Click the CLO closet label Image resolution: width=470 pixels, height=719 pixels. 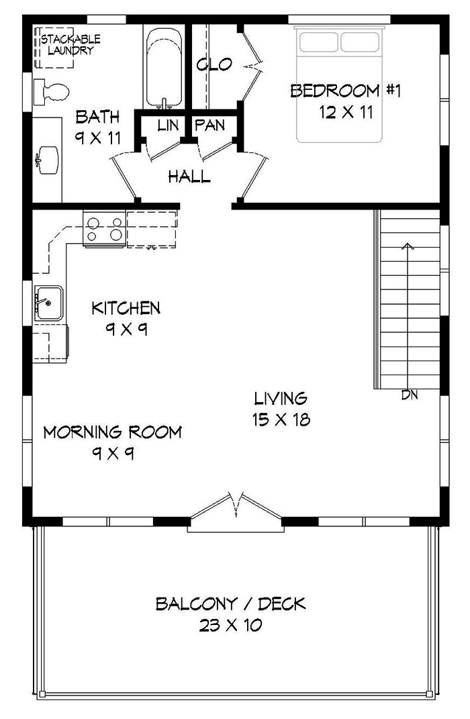pyautogui.click(x=214, y=65)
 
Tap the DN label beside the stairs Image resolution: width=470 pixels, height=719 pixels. pyautogui.click(x=410, y=395)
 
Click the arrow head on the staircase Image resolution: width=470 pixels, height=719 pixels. pyautogui.click(x=406, y=244)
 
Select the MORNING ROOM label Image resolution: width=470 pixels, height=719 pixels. pyautogui.click(x=112, y=432)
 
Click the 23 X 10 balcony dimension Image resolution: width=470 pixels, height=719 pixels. pyautogui.click(x=230, y=626)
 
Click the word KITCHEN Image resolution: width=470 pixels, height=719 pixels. pyautogui.click(x=126, y=308)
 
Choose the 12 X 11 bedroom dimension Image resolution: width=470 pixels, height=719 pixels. pyautogui.click(x=346, y=113)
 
